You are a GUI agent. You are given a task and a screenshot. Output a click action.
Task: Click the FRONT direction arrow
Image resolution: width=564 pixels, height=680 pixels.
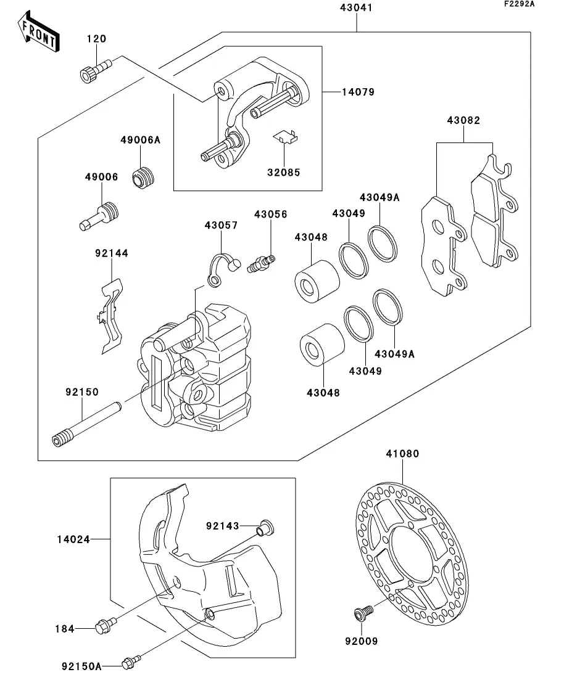[38, 33]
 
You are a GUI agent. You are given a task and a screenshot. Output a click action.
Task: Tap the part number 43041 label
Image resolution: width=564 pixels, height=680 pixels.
[356, 8]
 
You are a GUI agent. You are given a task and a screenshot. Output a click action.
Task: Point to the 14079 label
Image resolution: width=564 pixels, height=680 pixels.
[358, 92]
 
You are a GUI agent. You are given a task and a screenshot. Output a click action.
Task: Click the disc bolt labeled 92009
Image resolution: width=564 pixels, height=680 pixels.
[362, 614]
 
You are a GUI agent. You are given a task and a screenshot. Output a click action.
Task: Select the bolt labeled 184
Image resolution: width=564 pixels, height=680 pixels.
[104, 626]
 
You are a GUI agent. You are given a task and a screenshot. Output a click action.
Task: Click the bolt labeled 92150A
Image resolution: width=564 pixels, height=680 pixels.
[130, 663]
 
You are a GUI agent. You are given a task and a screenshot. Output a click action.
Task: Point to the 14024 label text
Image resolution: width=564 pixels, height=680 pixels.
[74, 539]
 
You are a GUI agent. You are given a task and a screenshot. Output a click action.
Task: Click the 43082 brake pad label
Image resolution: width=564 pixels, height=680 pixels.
[463, 121]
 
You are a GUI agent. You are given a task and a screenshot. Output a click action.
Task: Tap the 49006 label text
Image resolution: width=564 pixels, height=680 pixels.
[101, 177]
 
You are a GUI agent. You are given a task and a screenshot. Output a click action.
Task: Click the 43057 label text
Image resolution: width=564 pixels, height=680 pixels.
[221, 226]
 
